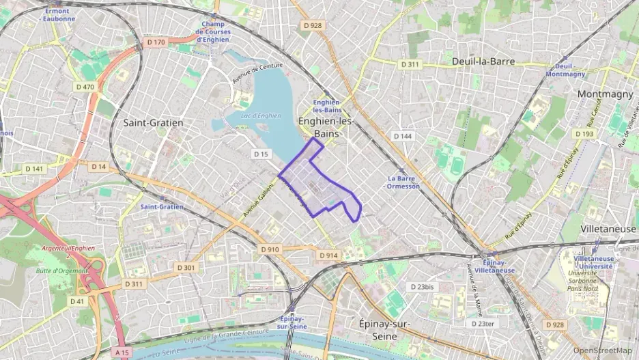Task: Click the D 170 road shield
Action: point(156,42)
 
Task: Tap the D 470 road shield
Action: point(85,87)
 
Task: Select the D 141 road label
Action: point(34,168)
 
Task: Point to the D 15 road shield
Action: point(261,154)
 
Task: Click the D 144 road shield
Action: point(403,137)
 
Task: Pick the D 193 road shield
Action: point(584,134)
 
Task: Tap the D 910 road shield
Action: point(270,249)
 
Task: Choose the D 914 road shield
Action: point(328,255)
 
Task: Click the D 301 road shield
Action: point(186,267)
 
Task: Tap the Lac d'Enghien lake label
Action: point(261,115)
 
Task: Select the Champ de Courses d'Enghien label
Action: point(213,31)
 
